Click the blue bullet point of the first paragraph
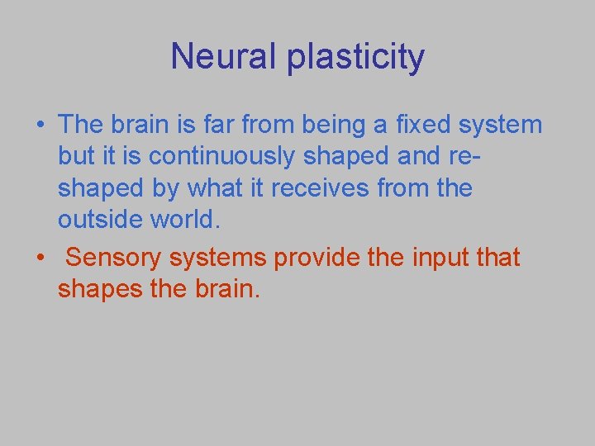[x=39, y=125]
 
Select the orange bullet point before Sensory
[x=39, y=258]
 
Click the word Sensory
[x=113, y=258]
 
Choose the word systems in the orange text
[x=218, y=258]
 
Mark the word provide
[x=316, y=258]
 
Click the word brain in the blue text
[x=150, y=125]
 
